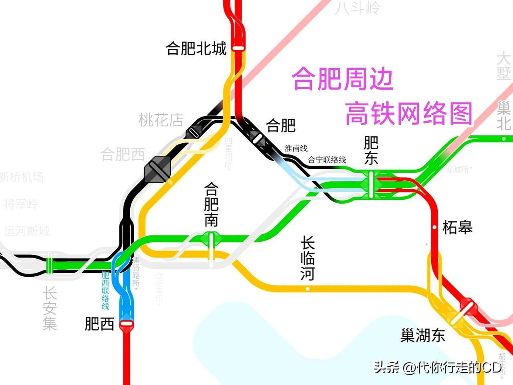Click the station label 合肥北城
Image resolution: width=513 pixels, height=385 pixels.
click(196, 49)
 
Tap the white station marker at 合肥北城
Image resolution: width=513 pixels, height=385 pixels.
click(238, 48)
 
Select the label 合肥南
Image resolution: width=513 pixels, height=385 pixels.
click(211, 205)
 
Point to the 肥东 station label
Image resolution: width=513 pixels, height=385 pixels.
click(371, 150)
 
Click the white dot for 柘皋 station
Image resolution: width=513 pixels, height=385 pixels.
click(434, 227)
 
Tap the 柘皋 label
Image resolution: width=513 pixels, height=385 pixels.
click(457, 227)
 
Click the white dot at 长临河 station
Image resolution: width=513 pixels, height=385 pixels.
click(307, 289)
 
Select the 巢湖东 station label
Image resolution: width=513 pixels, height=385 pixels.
click(423, 335)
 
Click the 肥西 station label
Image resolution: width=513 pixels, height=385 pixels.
click(99, 324)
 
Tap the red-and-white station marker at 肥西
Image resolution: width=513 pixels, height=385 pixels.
click(126, 323)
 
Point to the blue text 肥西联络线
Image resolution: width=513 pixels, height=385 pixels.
click(105, 291)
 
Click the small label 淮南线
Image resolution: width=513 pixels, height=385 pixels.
click(296, 148)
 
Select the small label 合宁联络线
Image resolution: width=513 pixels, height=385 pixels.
click(327, 160)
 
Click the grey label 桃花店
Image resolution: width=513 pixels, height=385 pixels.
click(161, 120)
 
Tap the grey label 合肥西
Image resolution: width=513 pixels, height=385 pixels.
click(122, 154)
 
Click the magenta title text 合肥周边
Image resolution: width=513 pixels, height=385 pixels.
click(343, 79)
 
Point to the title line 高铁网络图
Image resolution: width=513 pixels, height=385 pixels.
click(409, 113)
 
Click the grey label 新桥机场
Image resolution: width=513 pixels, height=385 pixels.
click(22, 177)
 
